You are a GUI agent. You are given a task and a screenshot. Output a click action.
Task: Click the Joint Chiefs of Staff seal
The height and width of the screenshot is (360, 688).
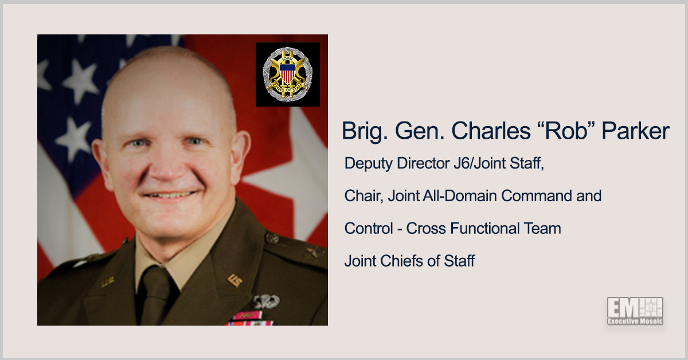(287, 74)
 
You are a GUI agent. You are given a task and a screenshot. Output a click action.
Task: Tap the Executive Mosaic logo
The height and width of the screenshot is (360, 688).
(635, 311)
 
